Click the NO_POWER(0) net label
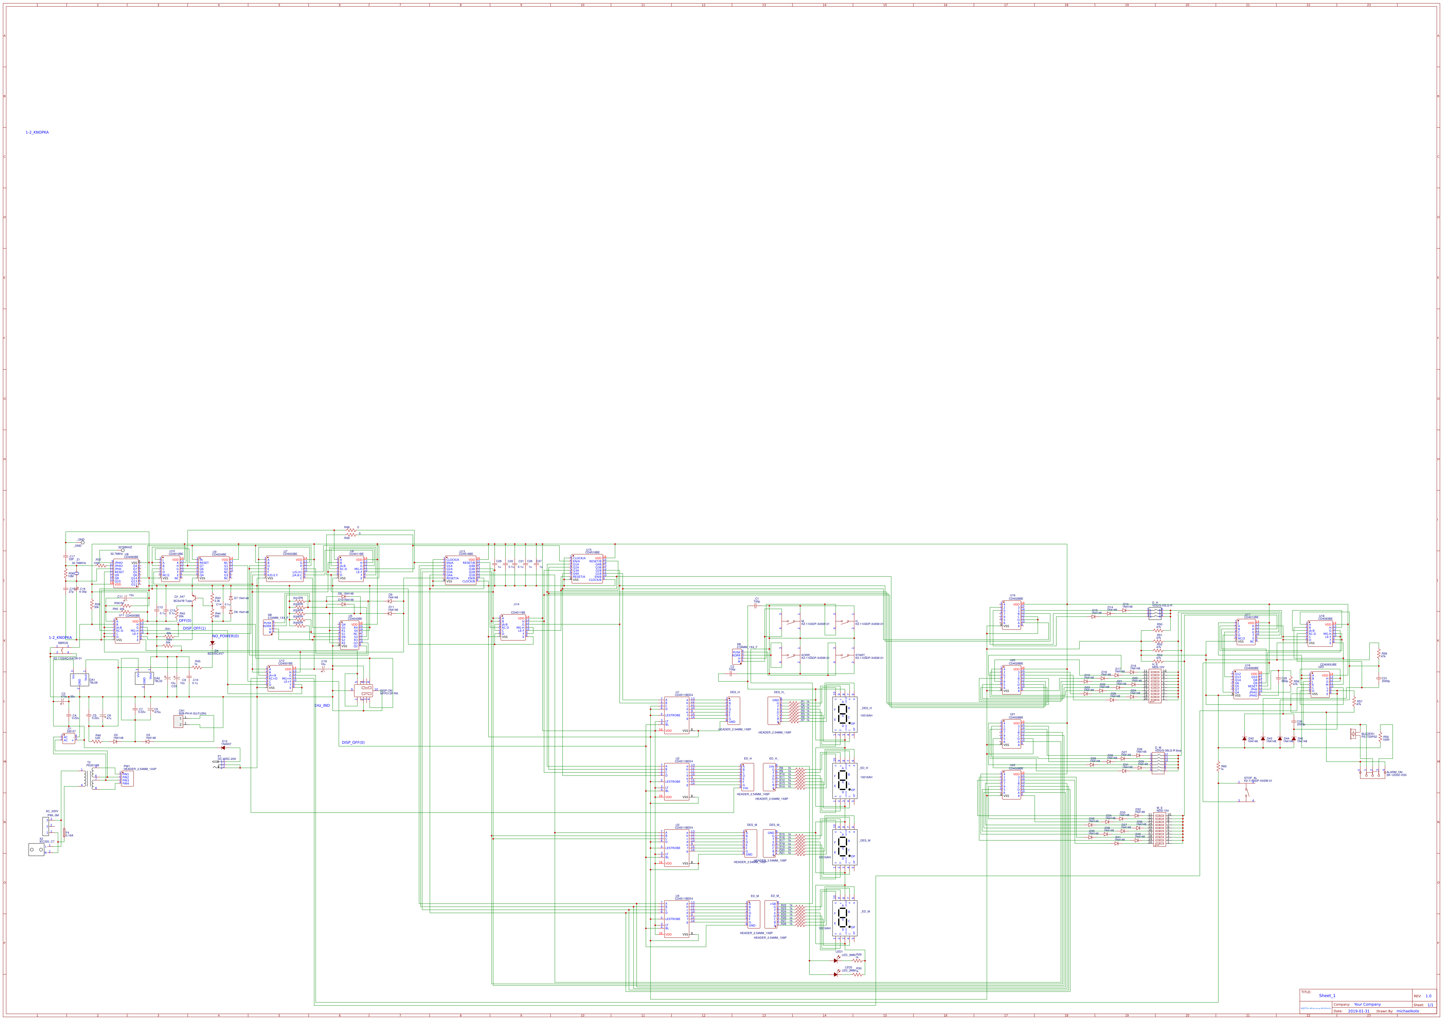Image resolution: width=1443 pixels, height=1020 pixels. click(x=226, y=636)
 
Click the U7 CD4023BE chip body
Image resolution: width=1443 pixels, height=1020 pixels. click(x=285, y=569)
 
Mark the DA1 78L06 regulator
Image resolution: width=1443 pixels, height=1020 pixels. click(x=79, y=680)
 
